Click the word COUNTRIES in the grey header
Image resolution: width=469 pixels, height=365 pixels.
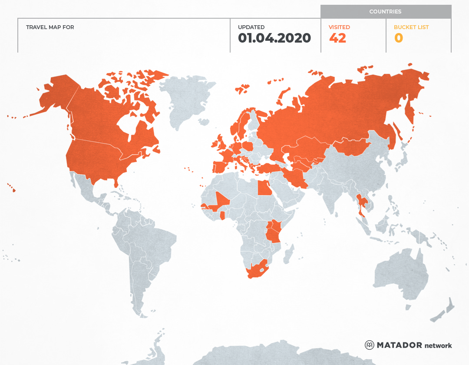pyautogui.click(x=385, y=12)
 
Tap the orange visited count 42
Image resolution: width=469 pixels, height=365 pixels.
pyautogui.click(x=337, y=38)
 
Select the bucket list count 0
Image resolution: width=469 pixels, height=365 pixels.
pyautogui.click(x=398, y=38)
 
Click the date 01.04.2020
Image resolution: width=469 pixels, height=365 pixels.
pyautogui.click(x=274, y=38)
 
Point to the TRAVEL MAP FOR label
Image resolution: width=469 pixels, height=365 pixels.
pyautogui.click(x=50, y=27)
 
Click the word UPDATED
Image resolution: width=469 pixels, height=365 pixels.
pyautogui.click(x=251, y=27)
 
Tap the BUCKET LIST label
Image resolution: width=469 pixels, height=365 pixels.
pyautogui.click(x=411, y=27)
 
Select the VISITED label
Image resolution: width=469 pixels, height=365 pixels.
pyautogui.click(x=339, y=27)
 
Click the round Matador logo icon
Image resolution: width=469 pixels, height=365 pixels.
pyautogui.click(x=370, y=345)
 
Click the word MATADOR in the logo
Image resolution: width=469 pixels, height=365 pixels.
pyautogui.click(x=399, y=345)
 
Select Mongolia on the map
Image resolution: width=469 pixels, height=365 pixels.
pyautogui.click(x=352, y=147)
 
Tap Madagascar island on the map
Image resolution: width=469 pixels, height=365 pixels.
pyautogui.click(x=288, y=254)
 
